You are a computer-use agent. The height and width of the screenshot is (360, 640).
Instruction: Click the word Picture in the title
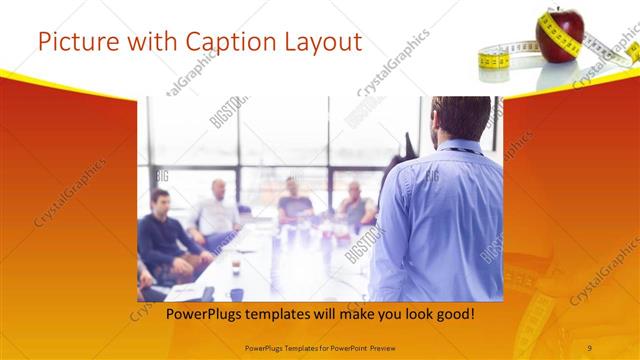pyautogui.click(x=79, y=41)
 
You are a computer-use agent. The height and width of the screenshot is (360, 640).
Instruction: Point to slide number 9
pyautogui.click(x=590, y=347)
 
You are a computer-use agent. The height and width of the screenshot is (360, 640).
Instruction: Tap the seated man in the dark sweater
pyautogui.click(x=165, y=235)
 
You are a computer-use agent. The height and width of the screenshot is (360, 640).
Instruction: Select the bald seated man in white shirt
pyautogui.click(x=218, y=210)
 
